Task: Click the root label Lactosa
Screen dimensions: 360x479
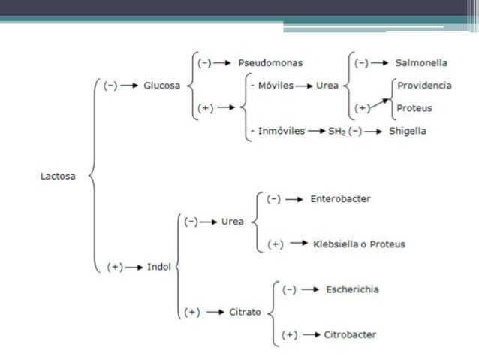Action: pyautogui.click(x=60, y=177)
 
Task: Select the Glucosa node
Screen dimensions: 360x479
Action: pyautogui.click(x=161, y=86)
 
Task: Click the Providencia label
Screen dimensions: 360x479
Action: pyautogui.click(x=424, y=86)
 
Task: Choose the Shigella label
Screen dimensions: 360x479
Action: pyautogui.click(x=408, y=130)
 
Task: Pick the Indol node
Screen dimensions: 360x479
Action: pyautogui.click(x=159, y=266)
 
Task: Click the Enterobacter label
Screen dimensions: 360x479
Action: pyautogui.click(x=340, y=199)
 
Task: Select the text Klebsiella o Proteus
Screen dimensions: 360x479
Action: pyautogui.click(x=358, y=244)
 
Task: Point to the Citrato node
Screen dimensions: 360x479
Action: pyautogui.click(x=246, y=311)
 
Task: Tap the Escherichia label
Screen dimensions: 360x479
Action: pyautogui.click(x=353, y=289)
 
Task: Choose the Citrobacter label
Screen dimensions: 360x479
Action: pyautogui.click(x=351, y=334)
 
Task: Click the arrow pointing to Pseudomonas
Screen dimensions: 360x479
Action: pyautogui.click(x=224, y=63)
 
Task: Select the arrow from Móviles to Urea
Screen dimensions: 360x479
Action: pyautogui.click(x=304, y=86)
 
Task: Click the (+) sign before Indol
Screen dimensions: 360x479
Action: pyautogui.click(x=115, y=266)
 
